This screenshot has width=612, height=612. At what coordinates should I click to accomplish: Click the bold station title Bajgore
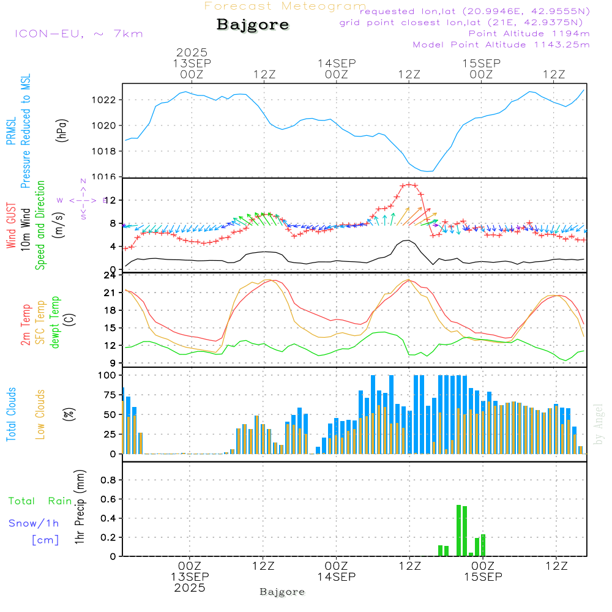(253, 25)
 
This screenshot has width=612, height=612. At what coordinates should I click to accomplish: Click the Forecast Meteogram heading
(285, 6)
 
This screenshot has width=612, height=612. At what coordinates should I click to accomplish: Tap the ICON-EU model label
(78, 33)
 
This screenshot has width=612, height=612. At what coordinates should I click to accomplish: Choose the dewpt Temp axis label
(56, 322)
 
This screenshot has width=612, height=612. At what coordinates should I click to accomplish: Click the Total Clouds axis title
(11, 414)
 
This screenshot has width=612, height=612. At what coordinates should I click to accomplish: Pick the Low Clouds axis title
(40, 414)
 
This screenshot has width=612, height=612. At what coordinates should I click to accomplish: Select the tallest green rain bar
(459, 530)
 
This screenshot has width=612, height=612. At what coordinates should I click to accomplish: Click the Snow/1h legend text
(34, 523)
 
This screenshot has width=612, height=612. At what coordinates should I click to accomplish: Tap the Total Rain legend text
(40, 501)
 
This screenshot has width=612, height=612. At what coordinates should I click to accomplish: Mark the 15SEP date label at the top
(481, 63)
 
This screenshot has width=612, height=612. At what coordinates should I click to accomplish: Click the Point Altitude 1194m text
(529, 33)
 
